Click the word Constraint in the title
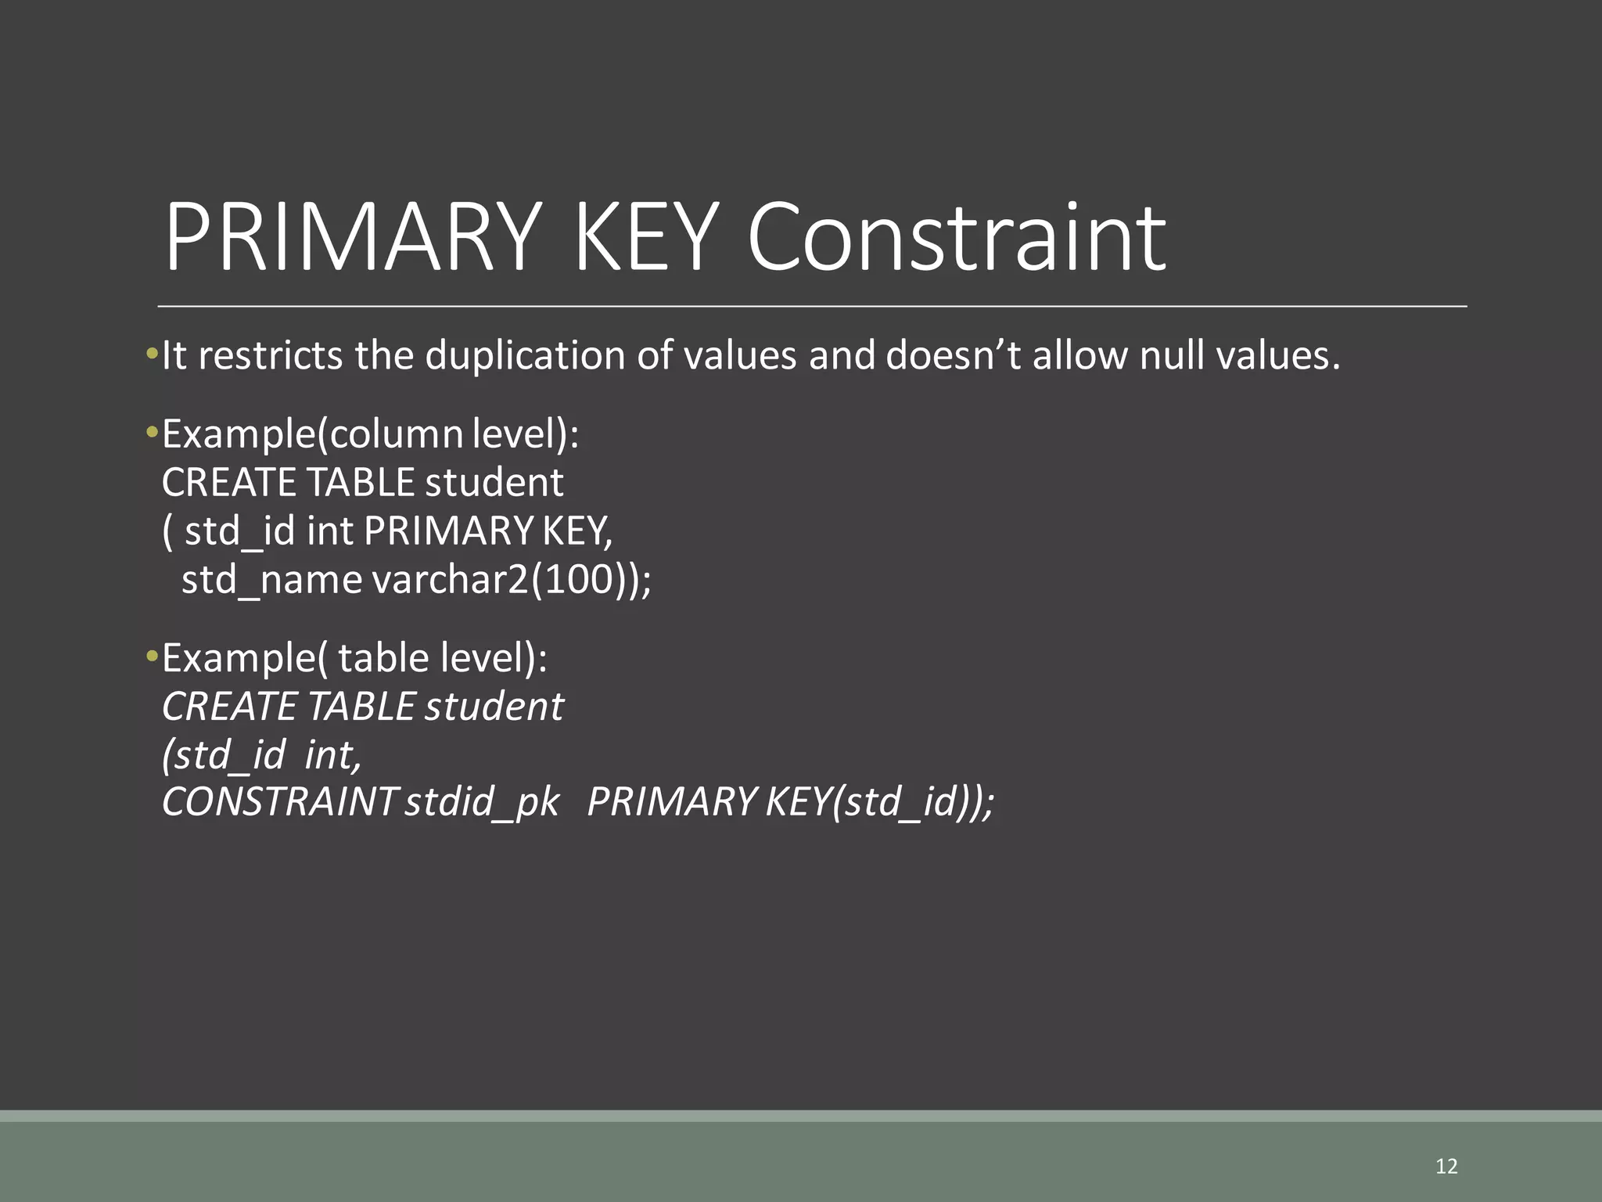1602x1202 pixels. tap(956, 236)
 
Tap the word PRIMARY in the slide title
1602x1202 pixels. tap(353, 236)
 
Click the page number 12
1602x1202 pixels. tap(1446, 1166)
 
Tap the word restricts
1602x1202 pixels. tap(271, 355)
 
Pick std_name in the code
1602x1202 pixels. tap(271, 580)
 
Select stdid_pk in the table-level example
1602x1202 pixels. tap(482, 801)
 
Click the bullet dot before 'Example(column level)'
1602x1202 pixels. tap(152, 433)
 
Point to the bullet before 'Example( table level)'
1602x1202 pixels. tap(152, 657)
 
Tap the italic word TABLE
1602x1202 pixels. tap(361, 707)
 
